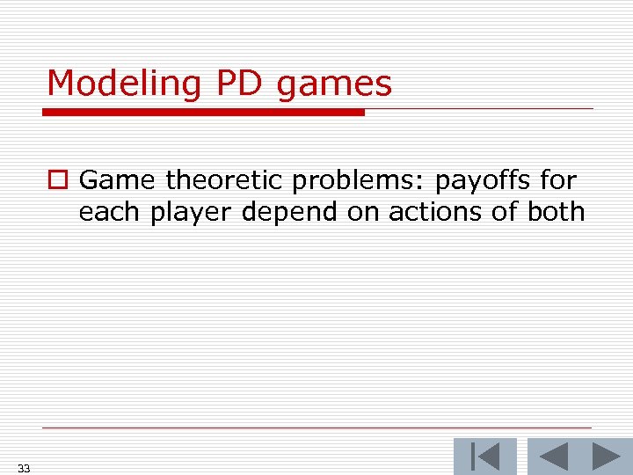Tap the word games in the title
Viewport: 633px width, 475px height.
coord(333,84)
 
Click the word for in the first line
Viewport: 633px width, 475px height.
coord(558,181)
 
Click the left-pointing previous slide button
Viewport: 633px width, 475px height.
coord(553,457)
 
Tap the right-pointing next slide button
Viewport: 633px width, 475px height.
coord(606,457)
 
